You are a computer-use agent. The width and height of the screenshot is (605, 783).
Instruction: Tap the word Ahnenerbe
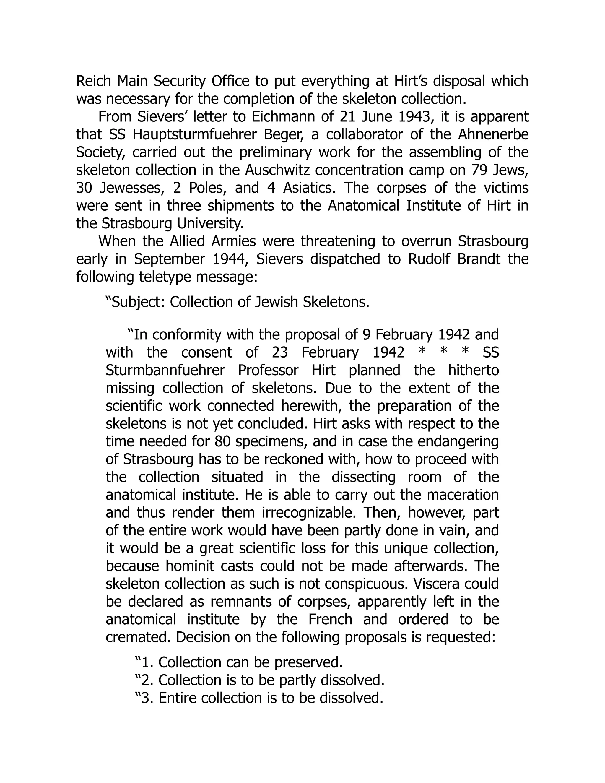[493, 135]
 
